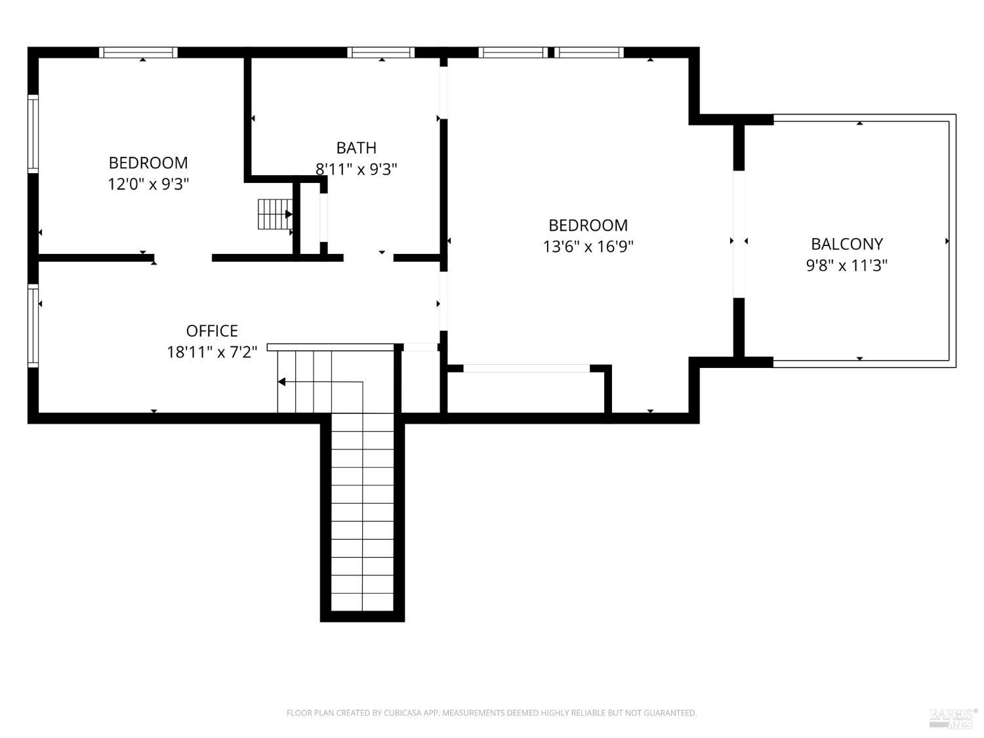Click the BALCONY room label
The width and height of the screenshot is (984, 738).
pos(846,244)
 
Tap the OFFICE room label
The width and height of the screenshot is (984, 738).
pos(212,331)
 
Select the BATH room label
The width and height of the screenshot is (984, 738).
pos(356,148)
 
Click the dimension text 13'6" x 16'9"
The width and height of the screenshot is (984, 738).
pos(588,247)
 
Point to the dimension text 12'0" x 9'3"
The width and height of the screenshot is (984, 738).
pos(148,184)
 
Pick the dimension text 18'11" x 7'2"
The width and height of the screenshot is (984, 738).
pos(212,352)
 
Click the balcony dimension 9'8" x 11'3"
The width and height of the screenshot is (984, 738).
pos(846,266)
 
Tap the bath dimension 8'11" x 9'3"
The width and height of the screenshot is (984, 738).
pos(356,169)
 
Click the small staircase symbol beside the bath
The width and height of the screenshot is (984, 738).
pos(274,214)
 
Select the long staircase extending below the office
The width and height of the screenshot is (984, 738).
pos(362,512)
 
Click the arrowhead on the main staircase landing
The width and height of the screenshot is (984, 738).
pos(281,382)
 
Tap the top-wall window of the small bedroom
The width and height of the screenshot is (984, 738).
pos(138,52)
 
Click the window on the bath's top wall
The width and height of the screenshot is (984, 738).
pos(380,52)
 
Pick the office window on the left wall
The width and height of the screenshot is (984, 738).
pos(33,325)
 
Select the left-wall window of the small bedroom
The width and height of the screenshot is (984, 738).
pos(33,134)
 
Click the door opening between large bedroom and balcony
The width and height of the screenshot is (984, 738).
pos(739,234)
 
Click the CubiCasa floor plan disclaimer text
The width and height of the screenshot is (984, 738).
pos(491,713)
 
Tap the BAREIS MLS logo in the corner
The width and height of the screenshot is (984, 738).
pos(953,718)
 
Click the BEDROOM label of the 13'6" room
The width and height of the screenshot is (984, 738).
pos(588,225)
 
